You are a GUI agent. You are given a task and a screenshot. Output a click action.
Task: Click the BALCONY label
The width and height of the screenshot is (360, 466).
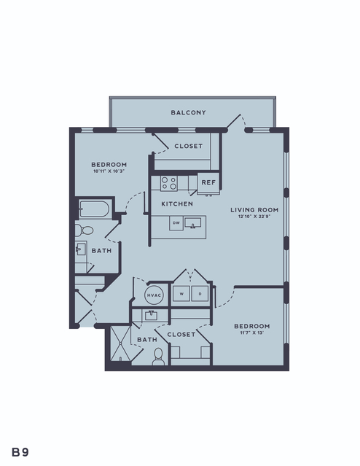[188, 112]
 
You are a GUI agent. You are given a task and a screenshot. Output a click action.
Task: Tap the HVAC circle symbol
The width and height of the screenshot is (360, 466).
[154, 295]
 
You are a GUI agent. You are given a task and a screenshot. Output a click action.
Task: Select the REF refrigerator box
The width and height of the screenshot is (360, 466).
[208, 182]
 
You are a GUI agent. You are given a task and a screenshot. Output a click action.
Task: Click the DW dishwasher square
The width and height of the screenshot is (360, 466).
[176, 223]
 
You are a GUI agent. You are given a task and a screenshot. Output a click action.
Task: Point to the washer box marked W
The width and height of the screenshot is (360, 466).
[181, 294]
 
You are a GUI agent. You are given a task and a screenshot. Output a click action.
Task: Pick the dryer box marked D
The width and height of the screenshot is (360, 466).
[200, 294]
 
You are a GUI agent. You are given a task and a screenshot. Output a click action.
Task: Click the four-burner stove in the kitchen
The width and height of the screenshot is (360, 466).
[169, 183]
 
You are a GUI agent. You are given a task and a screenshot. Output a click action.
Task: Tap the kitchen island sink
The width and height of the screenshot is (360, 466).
[193, 223]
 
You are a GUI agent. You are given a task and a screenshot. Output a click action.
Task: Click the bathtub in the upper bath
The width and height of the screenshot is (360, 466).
[95, 209]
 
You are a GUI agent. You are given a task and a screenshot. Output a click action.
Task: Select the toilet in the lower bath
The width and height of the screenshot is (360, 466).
[158, 357]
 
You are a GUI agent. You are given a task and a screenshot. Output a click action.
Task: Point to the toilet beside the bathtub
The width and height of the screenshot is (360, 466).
[84, 230]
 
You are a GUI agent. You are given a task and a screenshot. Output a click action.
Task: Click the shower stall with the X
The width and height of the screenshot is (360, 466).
[120, 343]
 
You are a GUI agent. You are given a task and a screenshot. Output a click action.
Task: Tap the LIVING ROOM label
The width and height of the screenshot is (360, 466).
[254, 210]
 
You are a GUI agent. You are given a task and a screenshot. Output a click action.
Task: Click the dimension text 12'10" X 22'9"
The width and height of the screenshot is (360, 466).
[254, 217]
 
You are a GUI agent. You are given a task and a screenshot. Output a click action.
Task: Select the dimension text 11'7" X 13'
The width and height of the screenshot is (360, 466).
[252, 333]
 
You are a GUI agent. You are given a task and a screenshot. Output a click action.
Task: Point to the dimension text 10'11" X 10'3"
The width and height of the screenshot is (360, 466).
[109, 171]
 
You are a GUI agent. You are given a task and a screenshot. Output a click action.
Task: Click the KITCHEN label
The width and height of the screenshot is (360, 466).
[177, 204]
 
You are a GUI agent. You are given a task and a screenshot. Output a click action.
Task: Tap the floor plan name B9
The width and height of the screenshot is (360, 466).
[20, 452]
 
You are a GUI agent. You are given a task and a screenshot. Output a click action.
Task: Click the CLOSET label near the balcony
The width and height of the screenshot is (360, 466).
[188, 147]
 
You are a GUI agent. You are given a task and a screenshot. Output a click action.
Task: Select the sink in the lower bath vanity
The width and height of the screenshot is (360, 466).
[151, 315]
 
